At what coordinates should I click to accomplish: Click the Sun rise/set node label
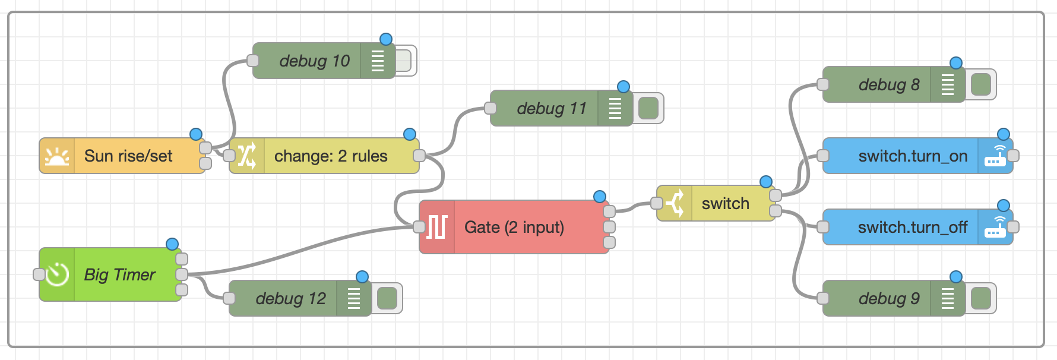[128, 156]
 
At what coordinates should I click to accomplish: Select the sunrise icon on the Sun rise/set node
[57, 156]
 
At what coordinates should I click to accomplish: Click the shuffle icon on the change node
[247, 156]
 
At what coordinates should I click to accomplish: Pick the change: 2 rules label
[330, 156]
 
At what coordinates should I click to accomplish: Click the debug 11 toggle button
[648, 108]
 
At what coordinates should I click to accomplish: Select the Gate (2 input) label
[514, 227]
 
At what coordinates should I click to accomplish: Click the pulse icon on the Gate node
[437, 227]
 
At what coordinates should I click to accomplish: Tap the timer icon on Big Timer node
[57, 274]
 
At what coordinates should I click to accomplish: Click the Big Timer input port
[39, 274]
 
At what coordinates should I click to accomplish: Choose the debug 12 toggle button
[387, 298]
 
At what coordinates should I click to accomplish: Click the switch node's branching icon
[675, 203]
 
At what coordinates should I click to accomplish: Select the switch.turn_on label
[913, 156]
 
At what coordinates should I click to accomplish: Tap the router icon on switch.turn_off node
[995, 227]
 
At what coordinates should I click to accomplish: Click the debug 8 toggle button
[980, 84]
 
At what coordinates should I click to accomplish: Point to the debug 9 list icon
[948, 298]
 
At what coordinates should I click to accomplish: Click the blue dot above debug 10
[386, 39]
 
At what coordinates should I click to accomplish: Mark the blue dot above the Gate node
[600, 197]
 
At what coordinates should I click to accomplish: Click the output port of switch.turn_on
[1013, 156]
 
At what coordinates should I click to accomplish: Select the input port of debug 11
[490, 108]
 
